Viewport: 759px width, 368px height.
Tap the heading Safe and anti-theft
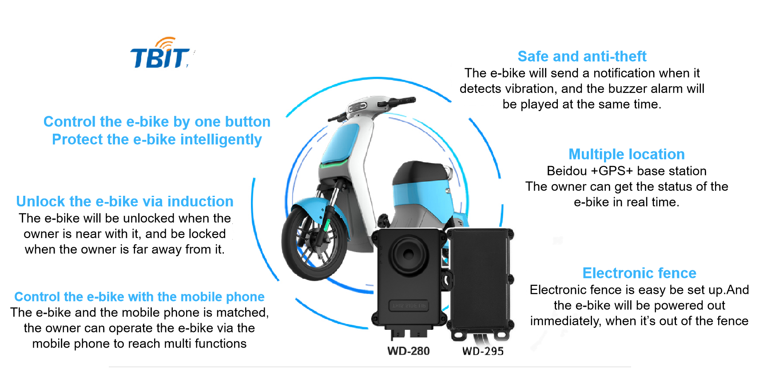tap(582, 57)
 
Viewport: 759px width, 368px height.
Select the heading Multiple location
tap(626, 154)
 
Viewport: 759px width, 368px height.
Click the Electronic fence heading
tap(639, 273)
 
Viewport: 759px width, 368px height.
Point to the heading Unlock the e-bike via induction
tap(125, 202)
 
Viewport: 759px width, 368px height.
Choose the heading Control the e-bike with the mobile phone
tap(139, 297)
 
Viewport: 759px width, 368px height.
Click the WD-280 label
tap(409, 351)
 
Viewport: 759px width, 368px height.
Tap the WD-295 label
tap(483, 351)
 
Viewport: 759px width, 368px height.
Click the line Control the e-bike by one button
tap(157, 122)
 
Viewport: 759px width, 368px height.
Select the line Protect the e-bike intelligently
tap(157, 140)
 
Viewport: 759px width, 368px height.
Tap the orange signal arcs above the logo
tap(166, 43)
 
